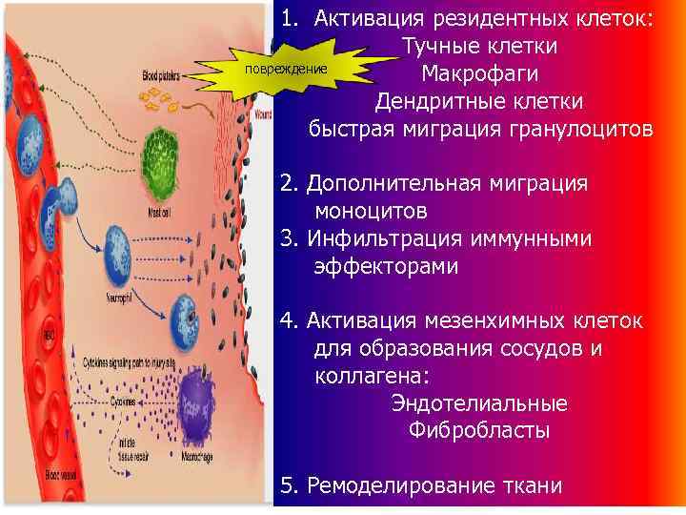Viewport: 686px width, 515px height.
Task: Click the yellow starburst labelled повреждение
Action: [x=285, y=72]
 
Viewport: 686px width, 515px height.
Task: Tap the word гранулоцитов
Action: [x=586, y=128]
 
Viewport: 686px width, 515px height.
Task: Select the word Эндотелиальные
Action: [x=479, y=403]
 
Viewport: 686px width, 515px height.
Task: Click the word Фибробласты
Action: [x=479, y=431]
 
